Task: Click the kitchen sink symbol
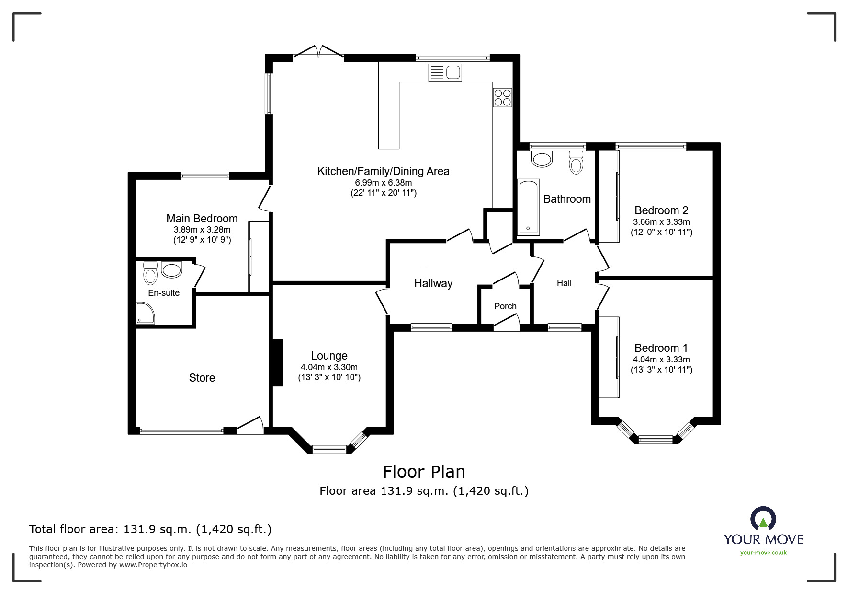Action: (445, 73)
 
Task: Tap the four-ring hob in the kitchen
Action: (502, 97)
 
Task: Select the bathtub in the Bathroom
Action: (529, 207)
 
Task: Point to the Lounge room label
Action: (329, 356)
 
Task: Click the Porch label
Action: (505, 306)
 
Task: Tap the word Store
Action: (202, 378)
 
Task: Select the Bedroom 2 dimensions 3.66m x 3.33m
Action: (661, 222)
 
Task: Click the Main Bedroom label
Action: (202, 219)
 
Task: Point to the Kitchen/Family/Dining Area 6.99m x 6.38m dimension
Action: (383, 183)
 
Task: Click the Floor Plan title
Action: (424, 472)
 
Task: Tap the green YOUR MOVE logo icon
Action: (763, 520)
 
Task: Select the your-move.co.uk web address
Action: (763, 553)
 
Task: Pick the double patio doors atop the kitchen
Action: (318, 52)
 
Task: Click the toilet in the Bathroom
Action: (576, 162)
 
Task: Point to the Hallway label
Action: (433, 283)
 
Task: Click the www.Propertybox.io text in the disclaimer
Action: (153, 565)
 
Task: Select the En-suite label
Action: (164, 293)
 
